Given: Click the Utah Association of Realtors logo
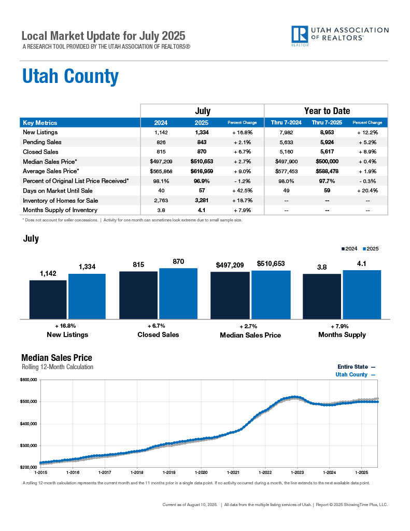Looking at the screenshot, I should point(340,36).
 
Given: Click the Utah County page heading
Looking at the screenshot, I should point(70,77).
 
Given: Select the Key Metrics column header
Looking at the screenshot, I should point(40,123).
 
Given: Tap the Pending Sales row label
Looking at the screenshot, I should point(42,142).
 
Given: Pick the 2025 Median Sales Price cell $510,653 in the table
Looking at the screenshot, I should point(202,161).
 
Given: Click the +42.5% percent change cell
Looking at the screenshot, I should point(242,191).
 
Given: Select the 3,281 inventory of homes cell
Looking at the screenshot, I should point(202,201).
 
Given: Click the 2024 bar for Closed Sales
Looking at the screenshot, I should point(138,295).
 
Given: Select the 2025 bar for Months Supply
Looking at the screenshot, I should point(362,294).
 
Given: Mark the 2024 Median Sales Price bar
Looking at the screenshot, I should point(230,295).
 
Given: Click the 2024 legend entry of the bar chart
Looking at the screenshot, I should point(350,249).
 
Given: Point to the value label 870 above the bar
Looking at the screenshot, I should point(178,262).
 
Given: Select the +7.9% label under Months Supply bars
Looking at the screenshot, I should point(342,326).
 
